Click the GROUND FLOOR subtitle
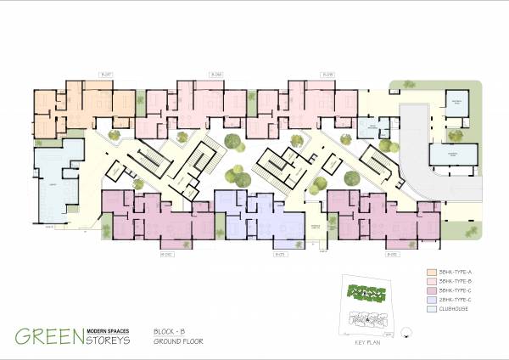(178, 340)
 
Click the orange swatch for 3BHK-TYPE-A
(432, 271)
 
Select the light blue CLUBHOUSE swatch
(432, 309)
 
